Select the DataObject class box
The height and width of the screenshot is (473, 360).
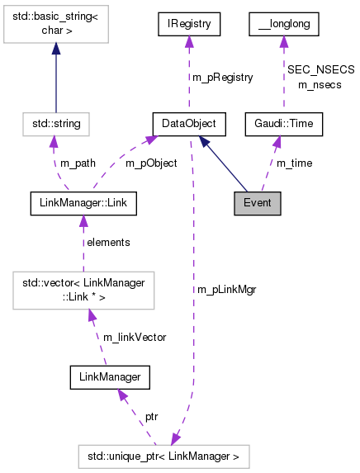click(x=189, y=124)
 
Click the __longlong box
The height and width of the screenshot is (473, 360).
click(x=283, y=26)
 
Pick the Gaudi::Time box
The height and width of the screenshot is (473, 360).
click(x=283, y=124)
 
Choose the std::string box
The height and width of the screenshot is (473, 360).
click(x=55, y=124)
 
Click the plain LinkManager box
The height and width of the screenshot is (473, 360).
click(x=104, y=377)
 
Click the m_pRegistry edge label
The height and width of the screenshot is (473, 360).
click(x=222, y=77)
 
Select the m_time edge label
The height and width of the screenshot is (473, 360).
click(x=294, y=163)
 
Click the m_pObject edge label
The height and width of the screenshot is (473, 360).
click(x=150, y=163)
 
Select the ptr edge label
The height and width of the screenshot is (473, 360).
click(x=151, y=417)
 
